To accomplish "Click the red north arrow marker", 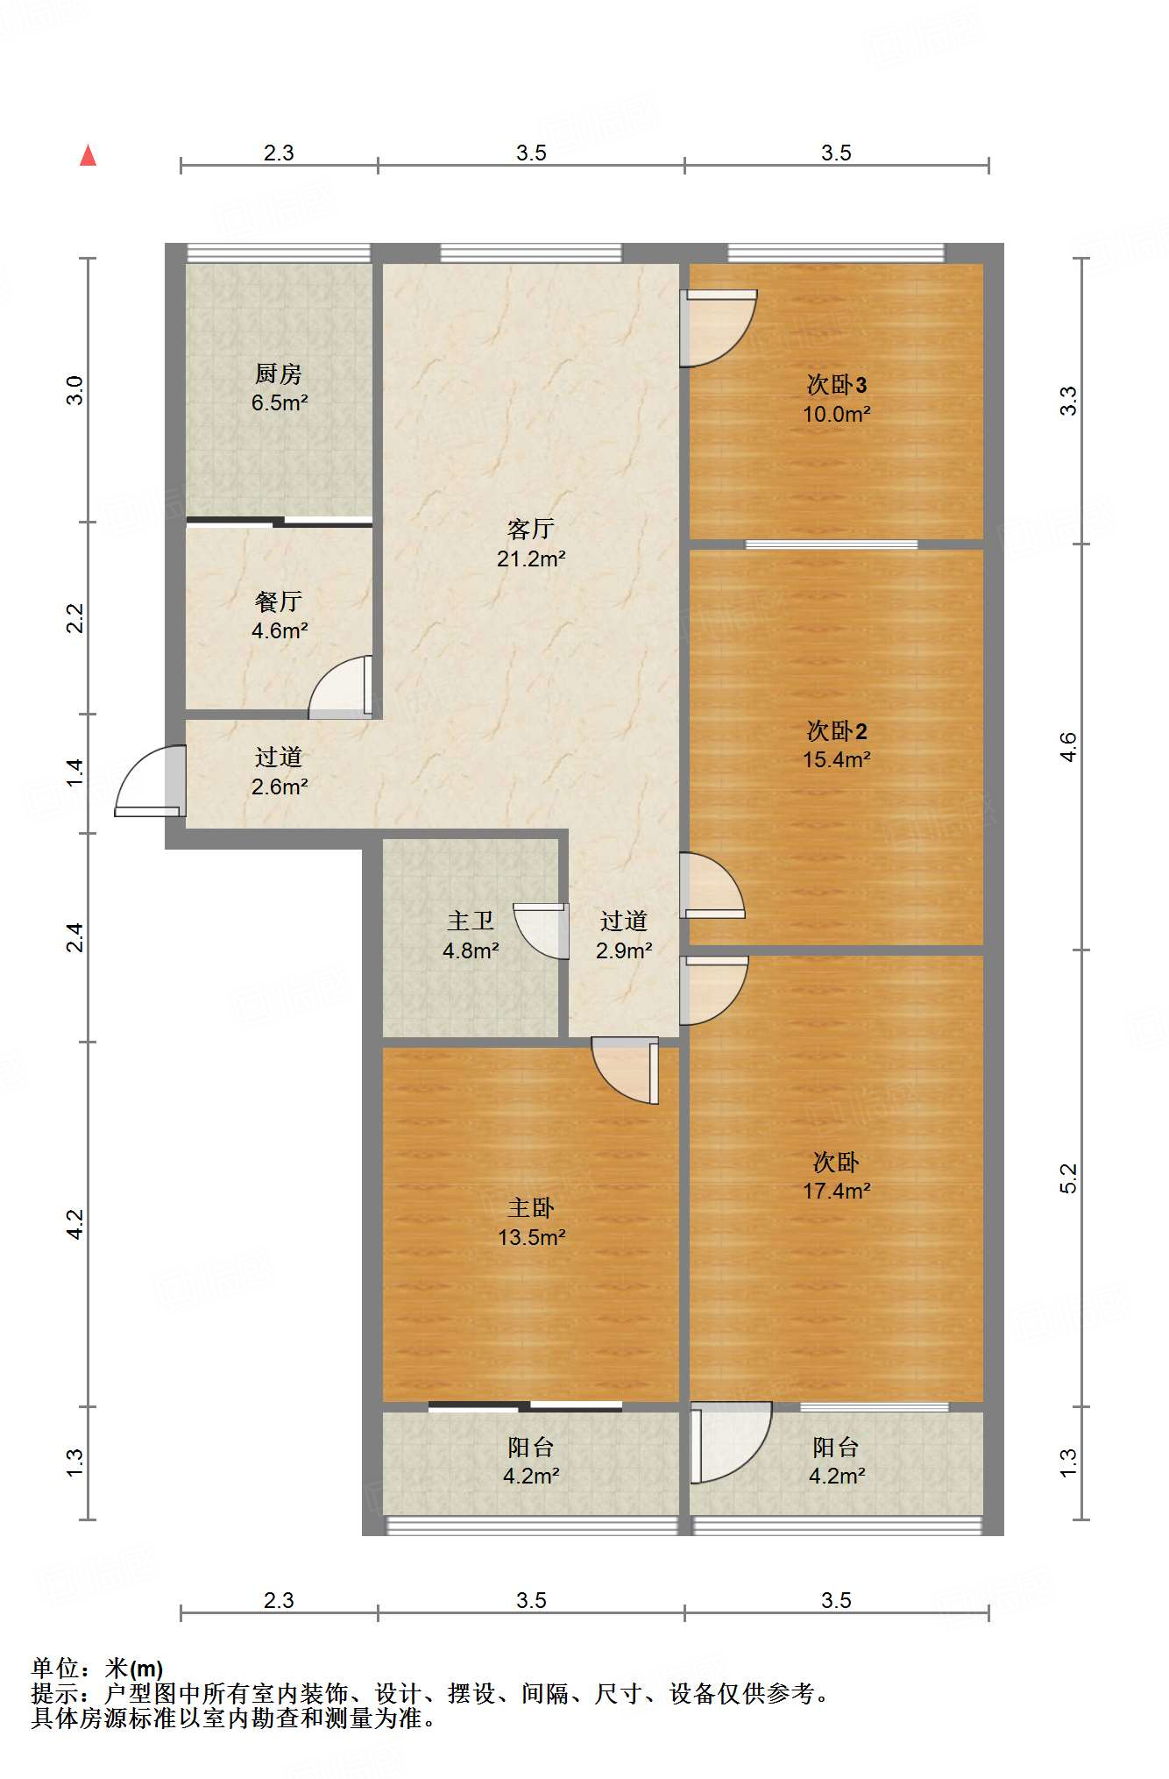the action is click(88, 155).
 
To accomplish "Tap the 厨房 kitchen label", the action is click(279, 374).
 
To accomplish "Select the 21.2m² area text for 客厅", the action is click(531, 559).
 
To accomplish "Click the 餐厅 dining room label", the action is click(279, 601).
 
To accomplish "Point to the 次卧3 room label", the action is click(837, 384).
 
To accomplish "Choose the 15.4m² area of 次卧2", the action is click(837, 759).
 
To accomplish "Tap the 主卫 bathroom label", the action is click(471, 921).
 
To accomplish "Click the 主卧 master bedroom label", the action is click(531, 1208).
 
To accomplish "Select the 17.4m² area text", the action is click(837, 1191).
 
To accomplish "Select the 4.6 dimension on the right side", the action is click(1067, 747).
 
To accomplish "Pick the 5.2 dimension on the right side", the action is click(1067, 1178).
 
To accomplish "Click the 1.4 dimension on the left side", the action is click(75, 772).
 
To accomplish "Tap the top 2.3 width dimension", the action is click(279, 153).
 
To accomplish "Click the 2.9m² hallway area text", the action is click(624, 950).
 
